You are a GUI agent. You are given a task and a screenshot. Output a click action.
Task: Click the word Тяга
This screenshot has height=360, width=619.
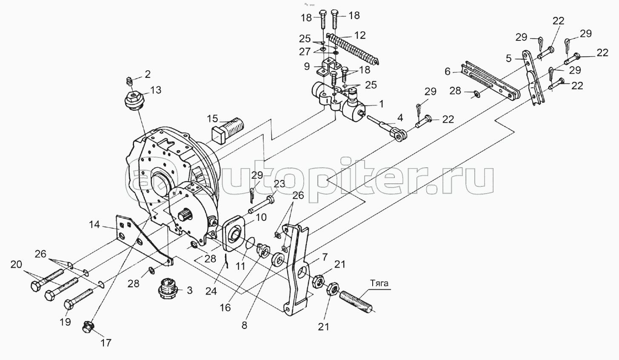click(x=379, y=283)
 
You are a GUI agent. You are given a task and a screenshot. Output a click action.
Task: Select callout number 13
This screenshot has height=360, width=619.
click(x=156, y=90)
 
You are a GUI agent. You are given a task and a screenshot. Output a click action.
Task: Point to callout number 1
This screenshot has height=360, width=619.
click(x=382, y=104)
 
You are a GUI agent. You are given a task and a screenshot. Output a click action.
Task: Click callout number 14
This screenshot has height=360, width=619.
click(x=94, y=224)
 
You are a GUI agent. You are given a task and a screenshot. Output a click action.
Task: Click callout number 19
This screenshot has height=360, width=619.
click(x=65, y=322)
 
